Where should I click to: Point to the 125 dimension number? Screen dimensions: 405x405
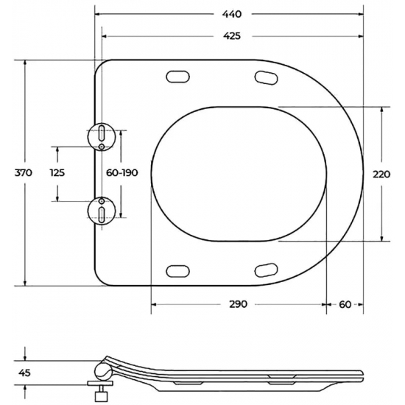coord(57,173)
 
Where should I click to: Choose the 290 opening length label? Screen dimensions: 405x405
coord(236,304)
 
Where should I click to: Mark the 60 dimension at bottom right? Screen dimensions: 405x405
coord(345,304)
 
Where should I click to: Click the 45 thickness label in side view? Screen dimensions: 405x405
coord(24,373)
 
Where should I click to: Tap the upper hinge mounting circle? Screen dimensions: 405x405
coord(101,135)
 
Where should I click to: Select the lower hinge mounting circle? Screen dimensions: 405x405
coord(101,210)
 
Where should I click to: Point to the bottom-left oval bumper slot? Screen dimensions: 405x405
coord(178,271)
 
